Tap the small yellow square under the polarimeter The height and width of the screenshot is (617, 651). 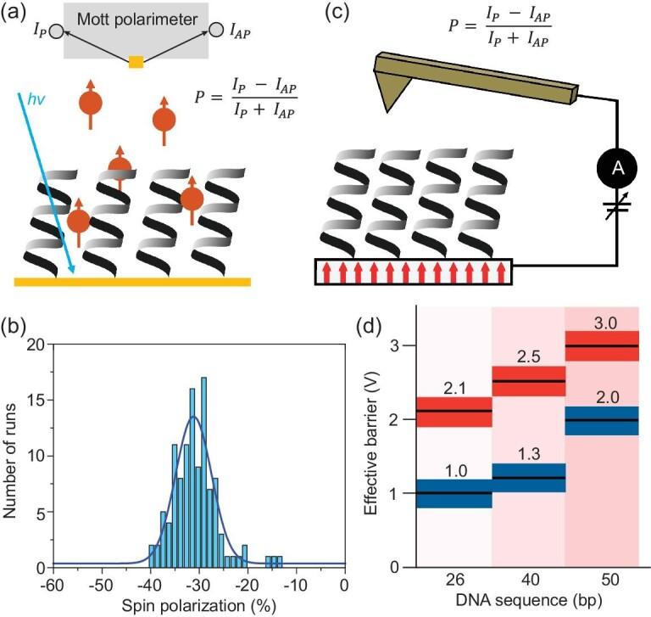[136, 62]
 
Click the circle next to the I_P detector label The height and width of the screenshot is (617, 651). [56, 32]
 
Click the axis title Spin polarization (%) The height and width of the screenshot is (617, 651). [198, 606]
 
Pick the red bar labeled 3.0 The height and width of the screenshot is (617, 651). [601, 346]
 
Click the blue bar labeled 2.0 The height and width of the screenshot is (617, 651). [601, 420]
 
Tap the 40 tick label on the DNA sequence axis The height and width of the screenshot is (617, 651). [528, 586]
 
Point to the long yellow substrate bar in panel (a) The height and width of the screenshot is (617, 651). [132, 281]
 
